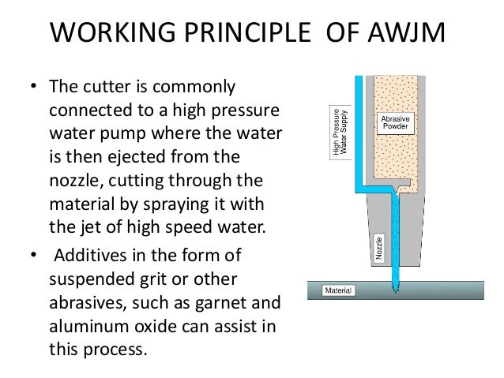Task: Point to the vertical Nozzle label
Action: (x=380, y=248)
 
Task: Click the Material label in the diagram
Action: (x=339, y=290)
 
